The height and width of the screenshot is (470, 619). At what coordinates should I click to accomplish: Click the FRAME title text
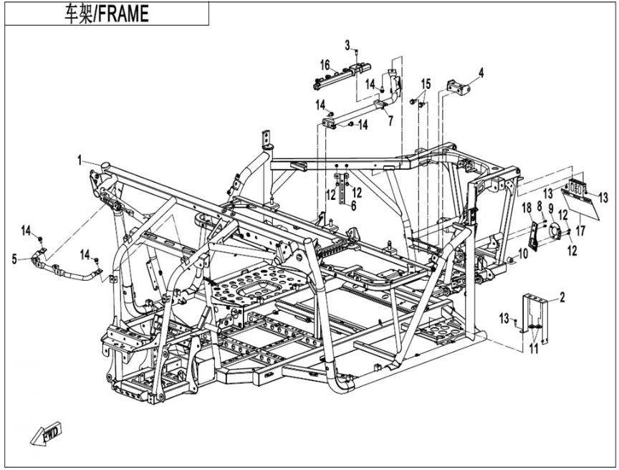[x=107, y=14]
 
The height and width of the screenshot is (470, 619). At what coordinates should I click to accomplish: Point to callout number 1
[x=81, y=160]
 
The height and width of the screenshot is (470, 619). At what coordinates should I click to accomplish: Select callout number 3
[x=347, y=46]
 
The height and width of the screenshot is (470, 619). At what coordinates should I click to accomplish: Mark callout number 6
[x=353, y=204]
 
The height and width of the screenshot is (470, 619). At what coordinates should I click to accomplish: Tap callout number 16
[x=325, y=65]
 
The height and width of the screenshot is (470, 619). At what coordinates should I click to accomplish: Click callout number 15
[x=426, y=83]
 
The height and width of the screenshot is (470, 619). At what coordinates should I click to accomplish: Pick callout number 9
[x=551, y=208]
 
